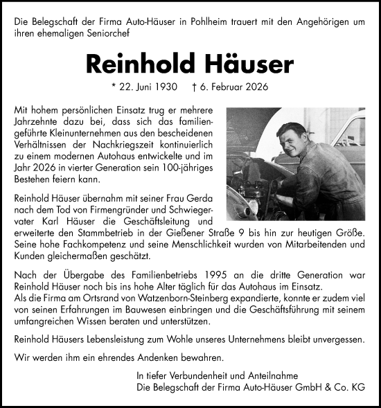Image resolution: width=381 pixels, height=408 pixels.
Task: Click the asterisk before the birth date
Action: [113, 88]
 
